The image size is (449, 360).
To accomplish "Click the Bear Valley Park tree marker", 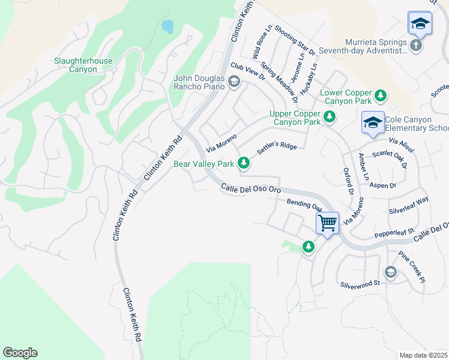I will pos(244,163).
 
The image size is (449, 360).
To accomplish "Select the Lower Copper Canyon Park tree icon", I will pos(379,96).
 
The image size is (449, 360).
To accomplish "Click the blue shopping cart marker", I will pos(328,223).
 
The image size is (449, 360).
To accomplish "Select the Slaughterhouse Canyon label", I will pos(83,65).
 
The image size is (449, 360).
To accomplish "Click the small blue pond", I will pos(167,26).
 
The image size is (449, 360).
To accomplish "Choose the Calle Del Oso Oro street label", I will pos(251,189).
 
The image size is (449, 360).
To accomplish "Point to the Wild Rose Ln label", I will pos(262,41).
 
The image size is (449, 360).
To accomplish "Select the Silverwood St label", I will pos(360,283).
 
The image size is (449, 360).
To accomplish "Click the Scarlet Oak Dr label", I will pos(390,158).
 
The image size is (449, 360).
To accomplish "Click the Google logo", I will pos(20,353).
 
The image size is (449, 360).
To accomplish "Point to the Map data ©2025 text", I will pos(423,355).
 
